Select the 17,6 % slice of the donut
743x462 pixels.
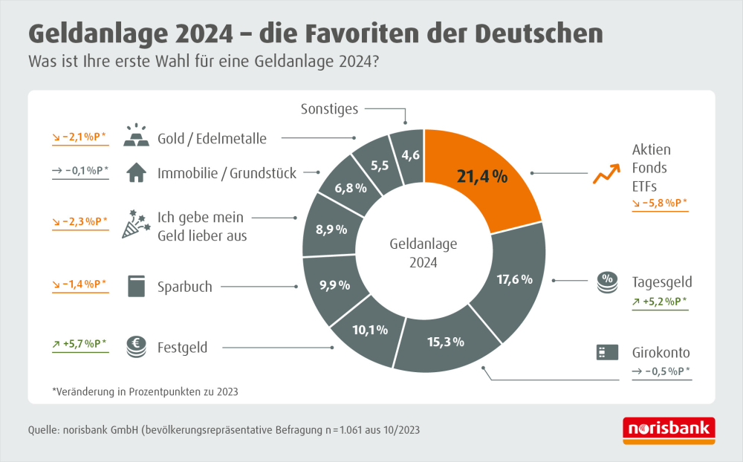[514, 280]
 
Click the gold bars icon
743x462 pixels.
[135, 137]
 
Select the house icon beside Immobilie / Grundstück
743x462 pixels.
[135, 173]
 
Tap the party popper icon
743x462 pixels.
[134, 224]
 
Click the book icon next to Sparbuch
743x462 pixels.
[135, 287]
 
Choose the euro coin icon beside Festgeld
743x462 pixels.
[135, 345]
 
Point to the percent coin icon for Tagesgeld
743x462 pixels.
[608, 284]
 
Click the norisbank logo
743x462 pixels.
[668, 430]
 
